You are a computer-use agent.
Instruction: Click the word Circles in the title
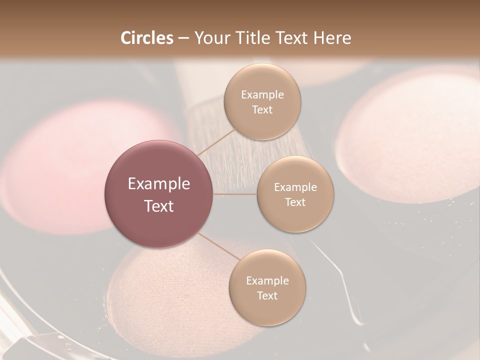pyautogui.click(x=147, y=38)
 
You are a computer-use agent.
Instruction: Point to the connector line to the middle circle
pyautogui.click(x=235, y=194)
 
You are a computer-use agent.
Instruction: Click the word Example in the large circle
pyautogui.click(x=159, y=184)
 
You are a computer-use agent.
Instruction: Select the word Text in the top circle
pyautogui.click(x=262, y=110)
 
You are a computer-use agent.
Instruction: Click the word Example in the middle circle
pyautogui.click(x=295, y=187)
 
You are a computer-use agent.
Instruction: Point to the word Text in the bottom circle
pyautogui.click(x=267, y=295)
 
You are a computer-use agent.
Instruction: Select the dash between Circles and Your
pyautogui.click(x=183, y=38)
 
